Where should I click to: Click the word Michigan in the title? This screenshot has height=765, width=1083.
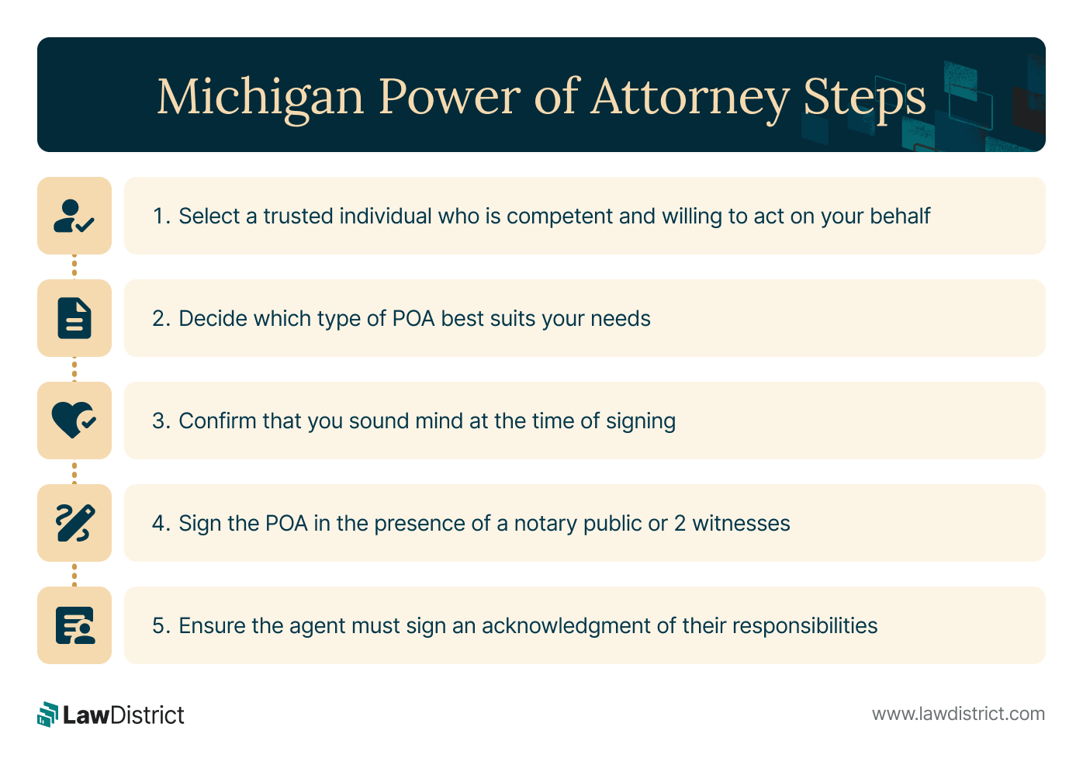pos(260,98)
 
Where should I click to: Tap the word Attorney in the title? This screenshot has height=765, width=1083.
pos(690,98)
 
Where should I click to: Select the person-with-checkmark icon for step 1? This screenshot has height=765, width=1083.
pos(74,216)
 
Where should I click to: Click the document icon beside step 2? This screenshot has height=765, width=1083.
pos(74,318)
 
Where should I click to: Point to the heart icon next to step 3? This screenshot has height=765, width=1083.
pos(74,421)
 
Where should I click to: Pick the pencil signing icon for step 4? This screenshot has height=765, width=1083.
pos(74,523)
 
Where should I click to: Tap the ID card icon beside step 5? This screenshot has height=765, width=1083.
pos(74,625)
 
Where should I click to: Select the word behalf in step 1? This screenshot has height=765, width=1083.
pos(899,216)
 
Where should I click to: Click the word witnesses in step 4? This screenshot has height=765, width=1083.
pos(741,524)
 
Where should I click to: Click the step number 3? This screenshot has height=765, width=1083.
pos(159,421)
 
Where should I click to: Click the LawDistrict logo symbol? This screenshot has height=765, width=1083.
pos(48,715)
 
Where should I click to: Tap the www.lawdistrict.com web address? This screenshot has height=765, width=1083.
pos(958,714)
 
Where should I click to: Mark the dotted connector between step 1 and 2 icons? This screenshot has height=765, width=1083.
pos(74,267)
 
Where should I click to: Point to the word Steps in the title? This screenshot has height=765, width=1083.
pos(864,98)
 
